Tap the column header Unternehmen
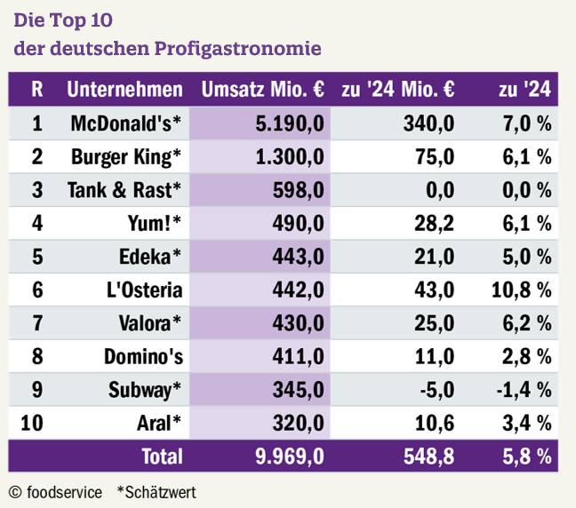[x=124, y=90]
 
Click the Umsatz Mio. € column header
[x=262, y=90]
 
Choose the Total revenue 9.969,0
[x=288, y=456]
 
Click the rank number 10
[x=31, y=423]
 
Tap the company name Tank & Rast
[x=124, y=190]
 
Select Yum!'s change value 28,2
[x=436, y=224]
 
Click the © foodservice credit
[x=55, y=491]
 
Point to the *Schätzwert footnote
[x=156, y=491]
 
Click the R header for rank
[x=36, y=90]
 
